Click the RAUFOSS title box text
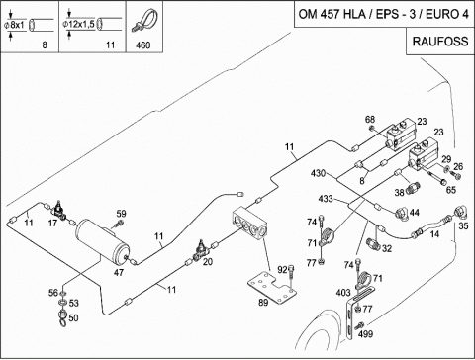pos(440,42)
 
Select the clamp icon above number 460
pos(144,21)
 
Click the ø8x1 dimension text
pos(14,25)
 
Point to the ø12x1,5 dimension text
pos(78,24)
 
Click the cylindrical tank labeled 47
pos(103,241)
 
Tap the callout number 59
pos(121,214)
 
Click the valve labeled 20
pos(201,251)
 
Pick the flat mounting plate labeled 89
pos(272,288)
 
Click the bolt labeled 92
pos(290,271)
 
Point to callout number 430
pos(318,173)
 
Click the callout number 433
pos(326,199)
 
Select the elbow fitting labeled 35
pos(461,212)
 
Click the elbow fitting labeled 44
pos(402,213)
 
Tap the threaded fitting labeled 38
pos(413,188)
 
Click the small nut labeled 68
pos(372,128)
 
